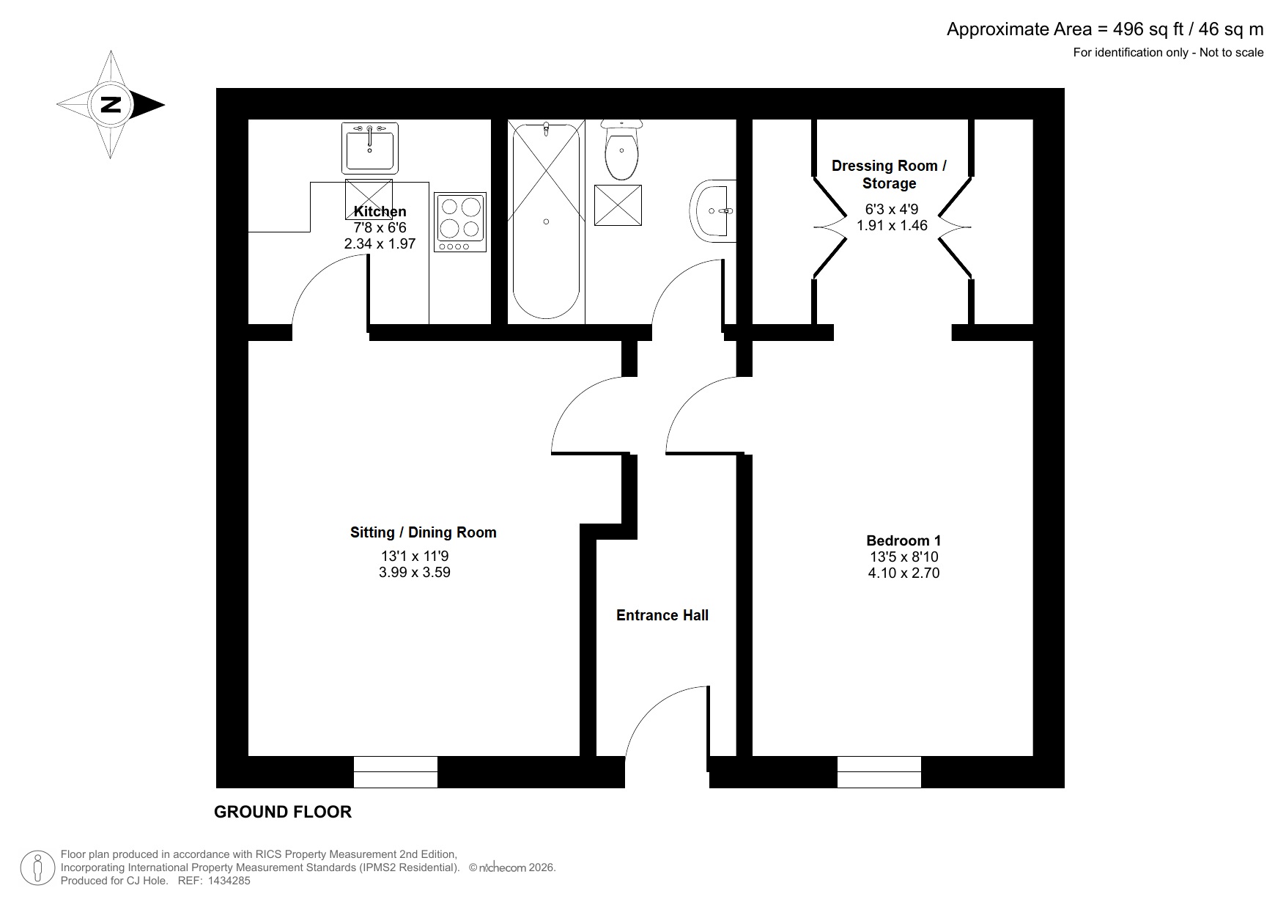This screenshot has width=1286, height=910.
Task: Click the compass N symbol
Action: pos(111,105)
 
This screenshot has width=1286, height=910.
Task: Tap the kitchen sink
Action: pos(369,147)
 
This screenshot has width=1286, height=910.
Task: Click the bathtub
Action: pos(546,220)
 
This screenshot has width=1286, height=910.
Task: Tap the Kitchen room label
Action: pos(380,212)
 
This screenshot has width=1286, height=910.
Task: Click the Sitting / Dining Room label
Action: pos(423,533)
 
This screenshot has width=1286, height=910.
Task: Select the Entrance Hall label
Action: pos(662,616)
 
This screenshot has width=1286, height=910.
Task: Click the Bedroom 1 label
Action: pos(903,541)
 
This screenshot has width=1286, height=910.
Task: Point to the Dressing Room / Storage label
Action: pos(889,175)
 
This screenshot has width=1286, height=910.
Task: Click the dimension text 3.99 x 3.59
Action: pos(414,573)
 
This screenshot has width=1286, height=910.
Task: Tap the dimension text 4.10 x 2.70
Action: pos(903,573)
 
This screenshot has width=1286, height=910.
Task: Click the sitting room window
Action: pos(396,772)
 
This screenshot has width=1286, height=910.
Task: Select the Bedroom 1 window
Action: pos(879,772)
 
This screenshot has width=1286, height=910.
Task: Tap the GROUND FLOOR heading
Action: pos(283,812)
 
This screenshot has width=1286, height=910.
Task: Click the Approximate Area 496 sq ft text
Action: pos(1104,29)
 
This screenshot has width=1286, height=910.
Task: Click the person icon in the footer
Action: pos(37,868)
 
